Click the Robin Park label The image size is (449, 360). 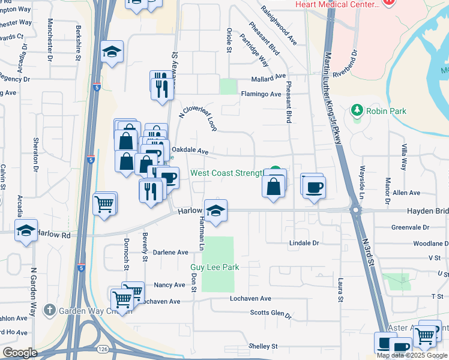click(x=388, y=111)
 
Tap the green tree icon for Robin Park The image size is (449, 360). click(x=358, y=110)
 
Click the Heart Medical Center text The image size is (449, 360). click(x=338, y=5)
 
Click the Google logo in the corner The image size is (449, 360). click(x=19, y=353)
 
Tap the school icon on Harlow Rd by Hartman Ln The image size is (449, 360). click(x=215, y=211)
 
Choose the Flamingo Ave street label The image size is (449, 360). click(x=261, y=94)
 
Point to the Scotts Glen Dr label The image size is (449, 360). click(x=270, y=314)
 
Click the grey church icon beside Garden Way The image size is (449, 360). click(x=49, y=311)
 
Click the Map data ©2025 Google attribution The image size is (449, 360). click(x=412, y=355)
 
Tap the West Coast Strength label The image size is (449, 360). click(x=227, y=173)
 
